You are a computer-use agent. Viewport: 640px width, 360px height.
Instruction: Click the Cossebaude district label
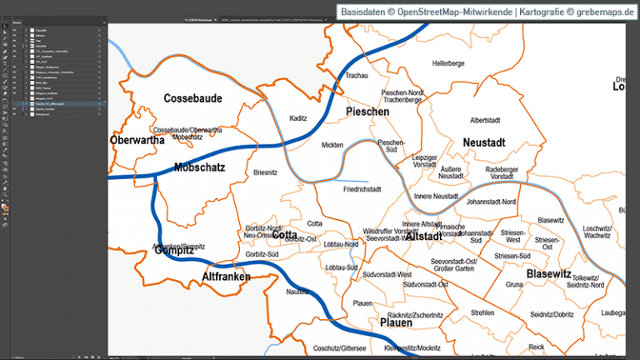point(192,98)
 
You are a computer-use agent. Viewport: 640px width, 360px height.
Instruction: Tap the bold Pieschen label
point(367,111)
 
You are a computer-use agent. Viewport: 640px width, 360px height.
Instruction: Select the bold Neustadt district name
point(484,142)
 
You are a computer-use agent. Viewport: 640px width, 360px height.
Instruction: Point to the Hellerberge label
point(448,63)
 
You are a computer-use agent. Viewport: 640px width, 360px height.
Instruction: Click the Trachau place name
point(357,77)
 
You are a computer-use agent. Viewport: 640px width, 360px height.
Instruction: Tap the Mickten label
point(332,145)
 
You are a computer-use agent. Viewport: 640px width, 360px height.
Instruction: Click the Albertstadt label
point(489,120)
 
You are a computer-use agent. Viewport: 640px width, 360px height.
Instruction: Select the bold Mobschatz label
point(200,167)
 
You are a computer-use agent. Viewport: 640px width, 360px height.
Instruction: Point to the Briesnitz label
point(265,172)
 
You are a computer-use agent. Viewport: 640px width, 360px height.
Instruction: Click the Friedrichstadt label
point(362,189)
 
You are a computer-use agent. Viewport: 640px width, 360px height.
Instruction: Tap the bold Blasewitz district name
point(548,273)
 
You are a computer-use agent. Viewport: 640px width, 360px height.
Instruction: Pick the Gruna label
point(513,284)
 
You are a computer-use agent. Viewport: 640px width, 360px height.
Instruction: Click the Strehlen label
point(482,312)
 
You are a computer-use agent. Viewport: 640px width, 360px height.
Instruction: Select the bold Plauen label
point(396,322)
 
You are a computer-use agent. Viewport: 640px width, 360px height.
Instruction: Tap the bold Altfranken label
point(227,276)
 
